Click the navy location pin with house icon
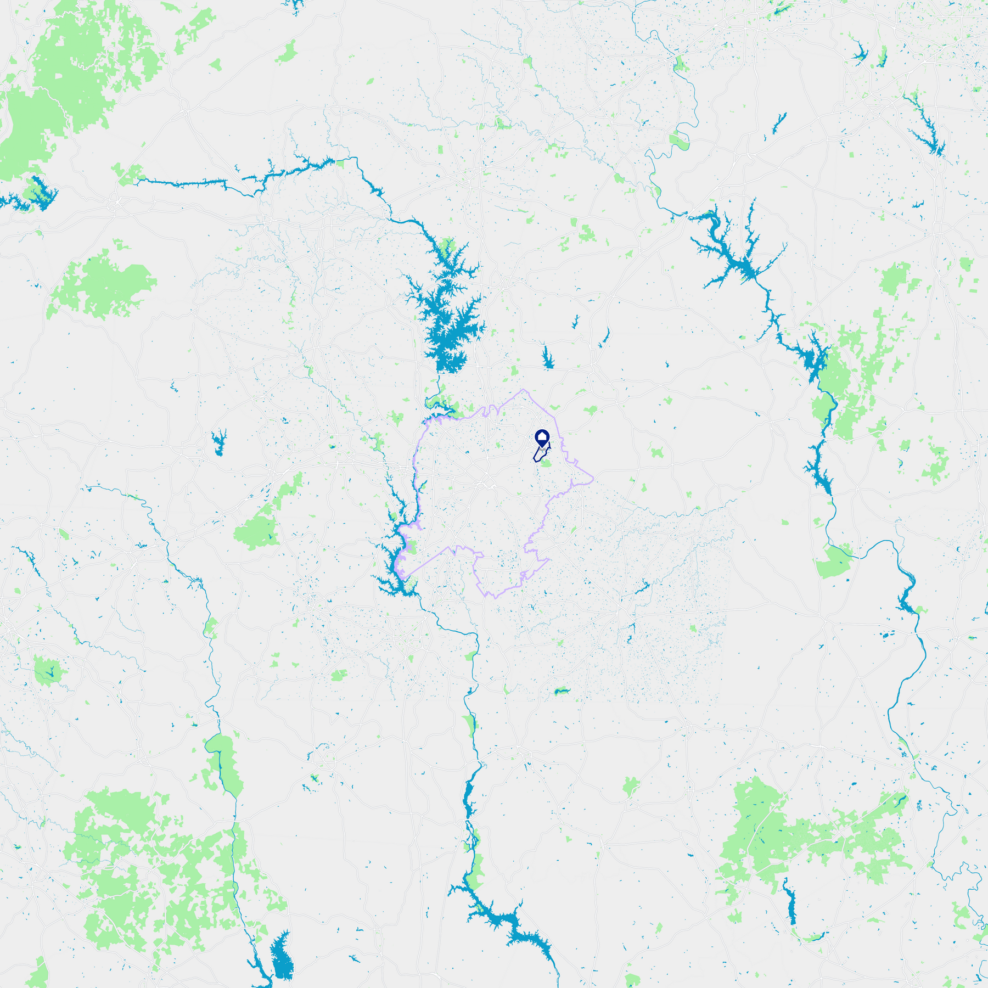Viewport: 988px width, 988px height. coord(542,438)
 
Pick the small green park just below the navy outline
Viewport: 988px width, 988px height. coord(546,464)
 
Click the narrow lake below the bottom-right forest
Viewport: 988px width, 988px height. coord(791,906)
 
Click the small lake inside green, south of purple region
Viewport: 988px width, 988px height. coord(561,691)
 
